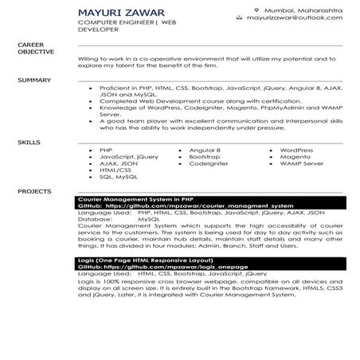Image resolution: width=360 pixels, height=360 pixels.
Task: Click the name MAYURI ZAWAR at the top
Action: click(x=122, y=14)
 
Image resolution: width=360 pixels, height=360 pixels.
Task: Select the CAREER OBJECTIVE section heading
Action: click(x=36, y=48)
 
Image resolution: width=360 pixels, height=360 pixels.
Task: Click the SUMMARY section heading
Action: click(x=34, y=80)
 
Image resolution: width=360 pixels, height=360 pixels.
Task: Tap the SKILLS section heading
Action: click(x=29, y=143)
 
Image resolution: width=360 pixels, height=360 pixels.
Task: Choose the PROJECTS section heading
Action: click(x=34, y=192)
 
